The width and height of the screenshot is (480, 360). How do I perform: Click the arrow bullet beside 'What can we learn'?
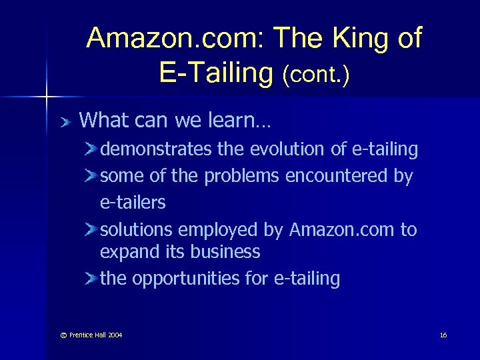[64, 122]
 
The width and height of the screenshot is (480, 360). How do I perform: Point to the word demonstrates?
[156, 150]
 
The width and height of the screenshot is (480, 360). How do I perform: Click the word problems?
[242, 177]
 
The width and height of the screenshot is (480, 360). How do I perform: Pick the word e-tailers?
[133, 202]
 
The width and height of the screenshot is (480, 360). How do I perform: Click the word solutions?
[136, 230]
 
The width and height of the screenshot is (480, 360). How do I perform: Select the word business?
[225, 252]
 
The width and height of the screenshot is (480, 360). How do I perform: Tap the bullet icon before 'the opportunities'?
[91, 279]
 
